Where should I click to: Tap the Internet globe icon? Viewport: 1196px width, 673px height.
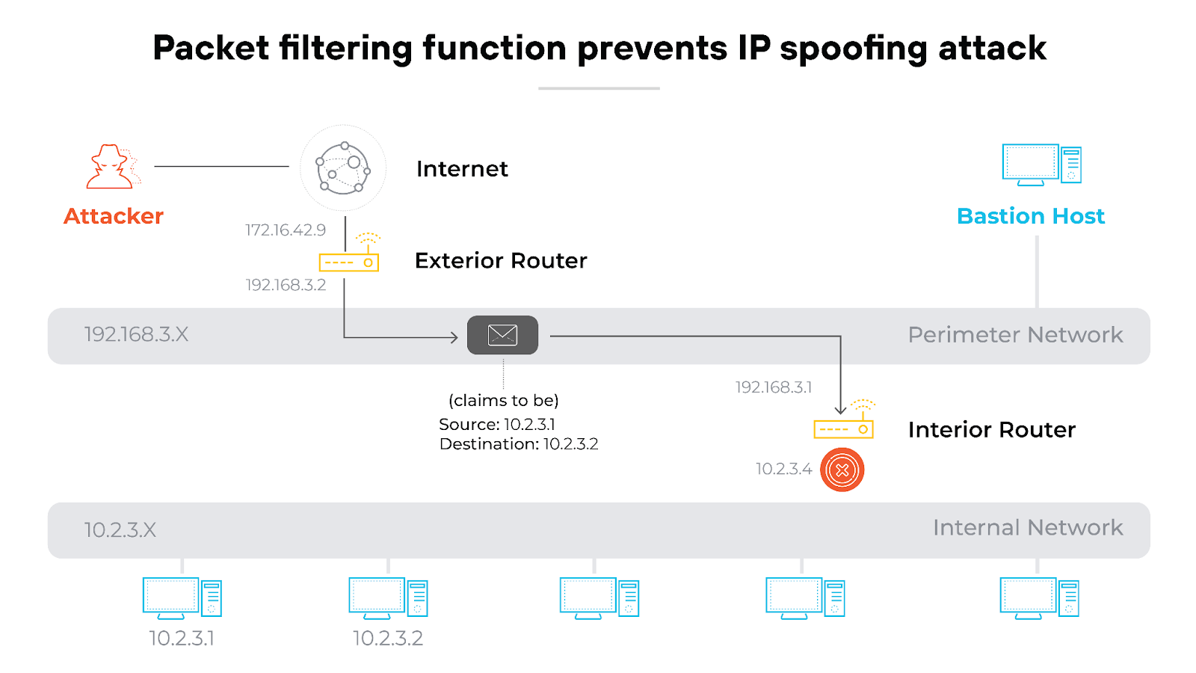[343, 168]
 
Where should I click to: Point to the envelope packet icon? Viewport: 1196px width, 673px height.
[502, 335]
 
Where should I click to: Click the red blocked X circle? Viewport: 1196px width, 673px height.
[842, 470]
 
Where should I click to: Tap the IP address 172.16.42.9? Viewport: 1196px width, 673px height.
[286, 230]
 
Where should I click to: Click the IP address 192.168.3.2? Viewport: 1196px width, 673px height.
[286, 285]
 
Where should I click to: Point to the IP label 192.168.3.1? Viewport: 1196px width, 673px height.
[773, 387]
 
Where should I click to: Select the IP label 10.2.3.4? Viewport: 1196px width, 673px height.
[783, 469]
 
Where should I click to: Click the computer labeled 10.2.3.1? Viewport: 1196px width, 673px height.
[182, 597]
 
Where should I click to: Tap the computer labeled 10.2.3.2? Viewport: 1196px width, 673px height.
[388, 597]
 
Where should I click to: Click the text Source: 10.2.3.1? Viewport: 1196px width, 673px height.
[497, 425]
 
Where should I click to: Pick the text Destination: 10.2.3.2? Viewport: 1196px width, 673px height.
[519, 444]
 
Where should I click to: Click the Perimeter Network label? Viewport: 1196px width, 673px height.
[1015, 335]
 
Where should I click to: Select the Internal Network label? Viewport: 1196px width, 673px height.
[1027, 528]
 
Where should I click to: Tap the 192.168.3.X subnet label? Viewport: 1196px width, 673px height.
[136, 334]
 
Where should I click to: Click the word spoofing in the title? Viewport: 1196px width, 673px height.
[854, 49]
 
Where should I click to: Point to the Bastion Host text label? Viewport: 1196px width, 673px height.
[1030, 216]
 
